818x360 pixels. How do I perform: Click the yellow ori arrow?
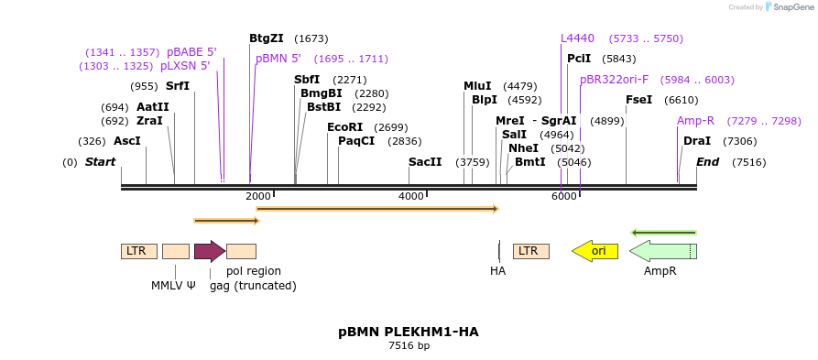click(594, 251)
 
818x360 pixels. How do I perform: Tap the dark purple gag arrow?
click(210, 251)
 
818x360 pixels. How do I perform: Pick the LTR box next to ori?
click(530, 251)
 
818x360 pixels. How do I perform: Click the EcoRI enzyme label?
click(344, 127)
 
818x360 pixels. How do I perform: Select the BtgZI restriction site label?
click(267, 38)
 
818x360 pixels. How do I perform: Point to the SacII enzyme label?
click(425, 162)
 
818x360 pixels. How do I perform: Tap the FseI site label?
click(639, 100)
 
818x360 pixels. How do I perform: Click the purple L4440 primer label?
click(577, 38)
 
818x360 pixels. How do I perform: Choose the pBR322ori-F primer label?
click(614, 80)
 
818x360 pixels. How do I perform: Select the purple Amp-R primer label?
click(695, 121)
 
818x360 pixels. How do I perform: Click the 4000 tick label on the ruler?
click(410, 196)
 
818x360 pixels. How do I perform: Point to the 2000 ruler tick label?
click(257, 196)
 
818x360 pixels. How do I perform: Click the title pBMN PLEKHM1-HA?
click(409, 332)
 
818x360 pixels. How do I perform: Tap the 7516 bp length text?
click(409, 346)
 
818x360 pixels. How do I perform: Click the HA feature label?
click(497, 271)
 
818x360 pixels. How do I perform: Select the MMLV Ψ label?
click(173, 285)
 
